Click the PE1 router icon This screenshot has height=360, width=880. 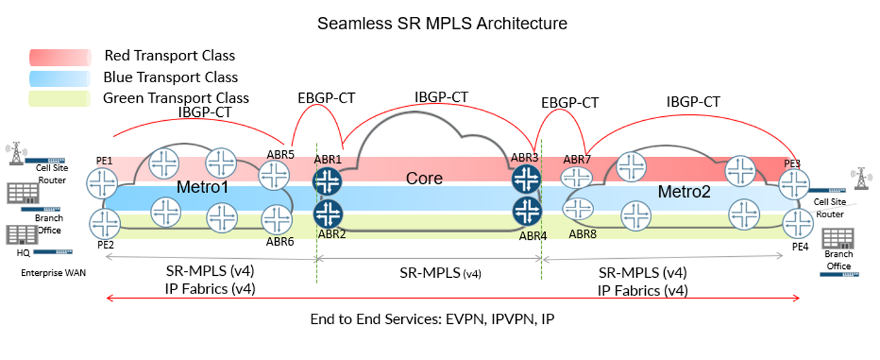pyautogui.click(x=103, y=181)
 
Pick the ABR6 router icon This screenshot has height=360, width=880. pyautogui.click(x=276, y=219)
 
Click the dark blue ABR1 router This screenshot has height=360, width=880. pyautogui.click(x=327, y=181)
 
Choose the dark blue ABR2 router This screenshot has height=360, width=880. pyautogui.click(x=327, y=213)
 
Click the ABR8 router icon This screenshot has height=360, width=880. pyautogui.click(x=579, y=211)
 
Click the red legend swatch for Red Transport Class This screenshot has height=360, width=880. pyautogui.click(x=59, y=56)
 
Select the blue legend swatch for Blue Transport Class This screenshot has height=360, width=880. pyautogui.click(x=59, y=77)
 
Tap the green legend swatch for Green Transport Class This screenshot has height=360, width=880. pyautogui.click(x=59, y=98)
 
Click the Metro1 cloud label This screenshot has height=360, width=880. pyautogui.click(x=202, y=187)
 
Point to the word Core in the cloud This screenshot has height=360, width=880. pyautogui.click(x=424, y=179)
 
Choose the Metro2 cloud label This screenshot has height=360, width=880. pyautogui.click(x=684, y=192)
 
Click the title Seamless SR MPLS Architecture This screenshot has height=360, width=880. pyautogui.click(x=442, y=24)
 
